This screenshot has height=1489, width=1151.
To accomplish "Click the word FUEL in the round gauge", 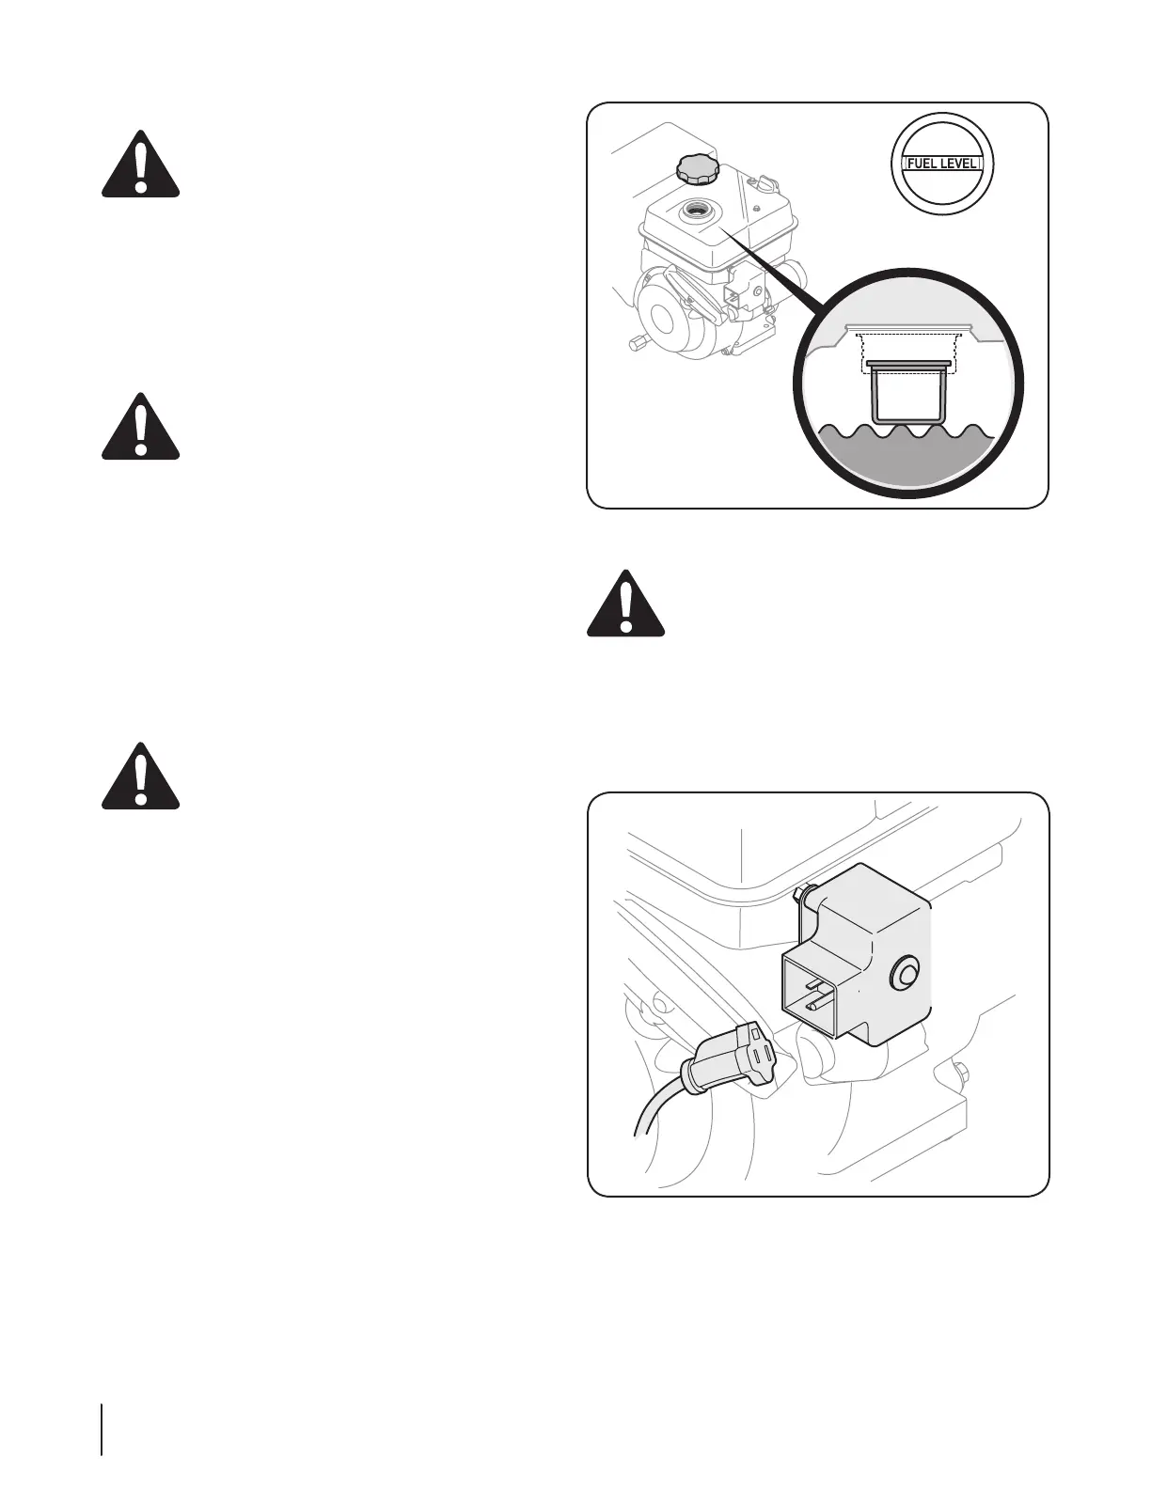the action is point(922,164).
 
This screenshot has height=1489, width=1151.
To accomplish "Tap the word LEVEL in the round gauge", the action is point(960,164).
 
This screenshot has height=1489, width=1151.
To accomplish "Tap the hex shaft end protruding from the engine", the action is point(638,342).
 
